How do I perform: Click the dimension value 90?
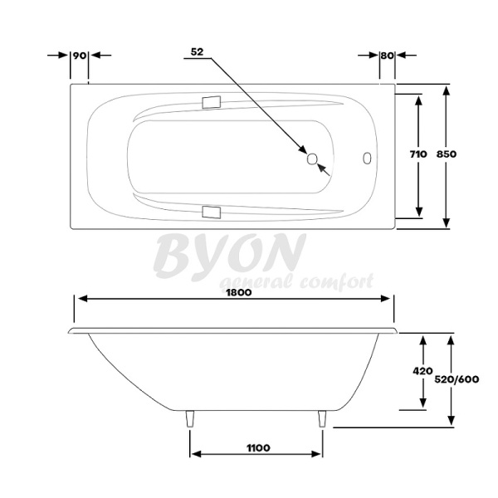point(80,55)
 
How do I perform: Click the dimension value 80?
point(386,55)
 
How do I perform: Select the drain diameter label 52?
point(198,51)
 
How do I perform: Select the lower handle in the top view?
point(211,212)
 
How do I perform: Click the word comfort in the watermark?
point(336,281)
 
